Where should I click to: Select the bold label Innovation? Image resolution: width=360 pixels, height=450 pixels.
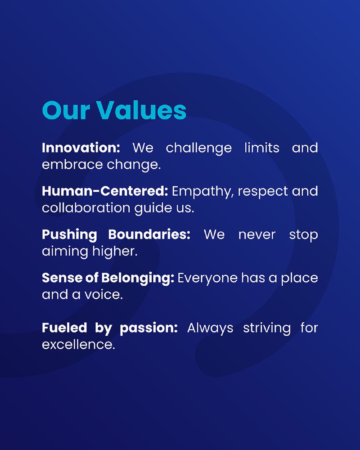point(81,148)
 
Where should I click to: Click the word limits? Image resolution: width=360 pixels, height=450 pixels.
point(262,148)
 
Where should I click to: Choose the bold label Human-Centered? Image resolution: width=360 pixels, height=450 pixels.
point(105,191)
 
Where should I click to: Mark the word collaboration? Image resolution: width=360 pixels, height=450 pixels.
point(86,208)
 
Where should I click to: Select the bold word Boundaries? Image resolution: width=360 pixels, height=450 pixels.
point(149,234)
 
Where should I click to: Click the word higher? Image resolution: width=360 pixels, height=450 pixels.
point(115,252)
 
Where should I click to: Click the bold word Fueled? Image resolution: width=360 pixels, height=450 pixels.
point(64,328)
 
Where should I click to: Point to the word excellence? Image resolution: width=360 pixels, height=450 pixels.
point(78,344)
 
